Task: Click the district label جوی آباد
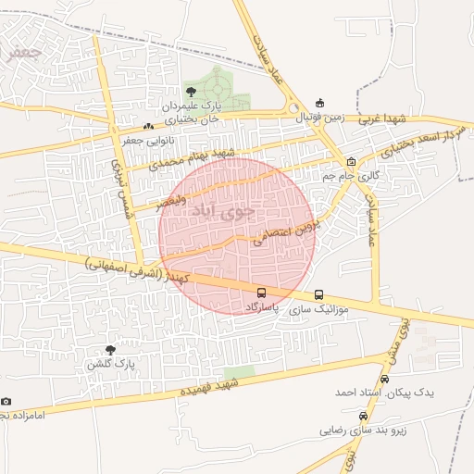tap(218, 211)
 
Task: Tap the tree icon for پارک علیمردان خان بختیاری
tap(191, 91)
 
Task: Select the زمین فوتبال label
tap(320, 118)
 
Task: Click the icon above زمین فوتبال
tap(320, 103)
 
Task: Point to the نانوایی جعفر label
tap(148, 141)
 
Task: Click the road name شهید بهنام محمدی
tap(193, 157)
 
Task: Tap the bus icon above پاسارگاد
tap(260, 293)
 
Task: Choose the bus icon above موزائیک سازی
tap(318, 296)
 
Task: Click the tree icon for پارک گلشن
tap(112, 350)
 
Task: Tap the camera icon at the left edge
tap(6, 402)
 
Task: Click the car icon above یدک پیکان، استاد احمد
tap(385, 379)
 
